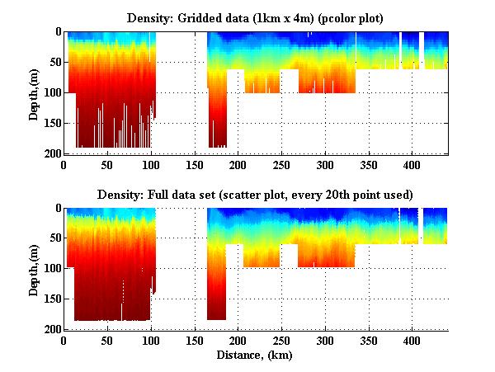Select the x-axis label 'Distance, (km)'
(255, 356)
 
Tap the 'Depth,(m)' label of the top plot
(34, 93)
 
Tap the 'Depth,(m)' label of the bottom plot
(34, 270)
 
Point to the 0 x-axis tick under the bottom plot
(64, 341)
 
